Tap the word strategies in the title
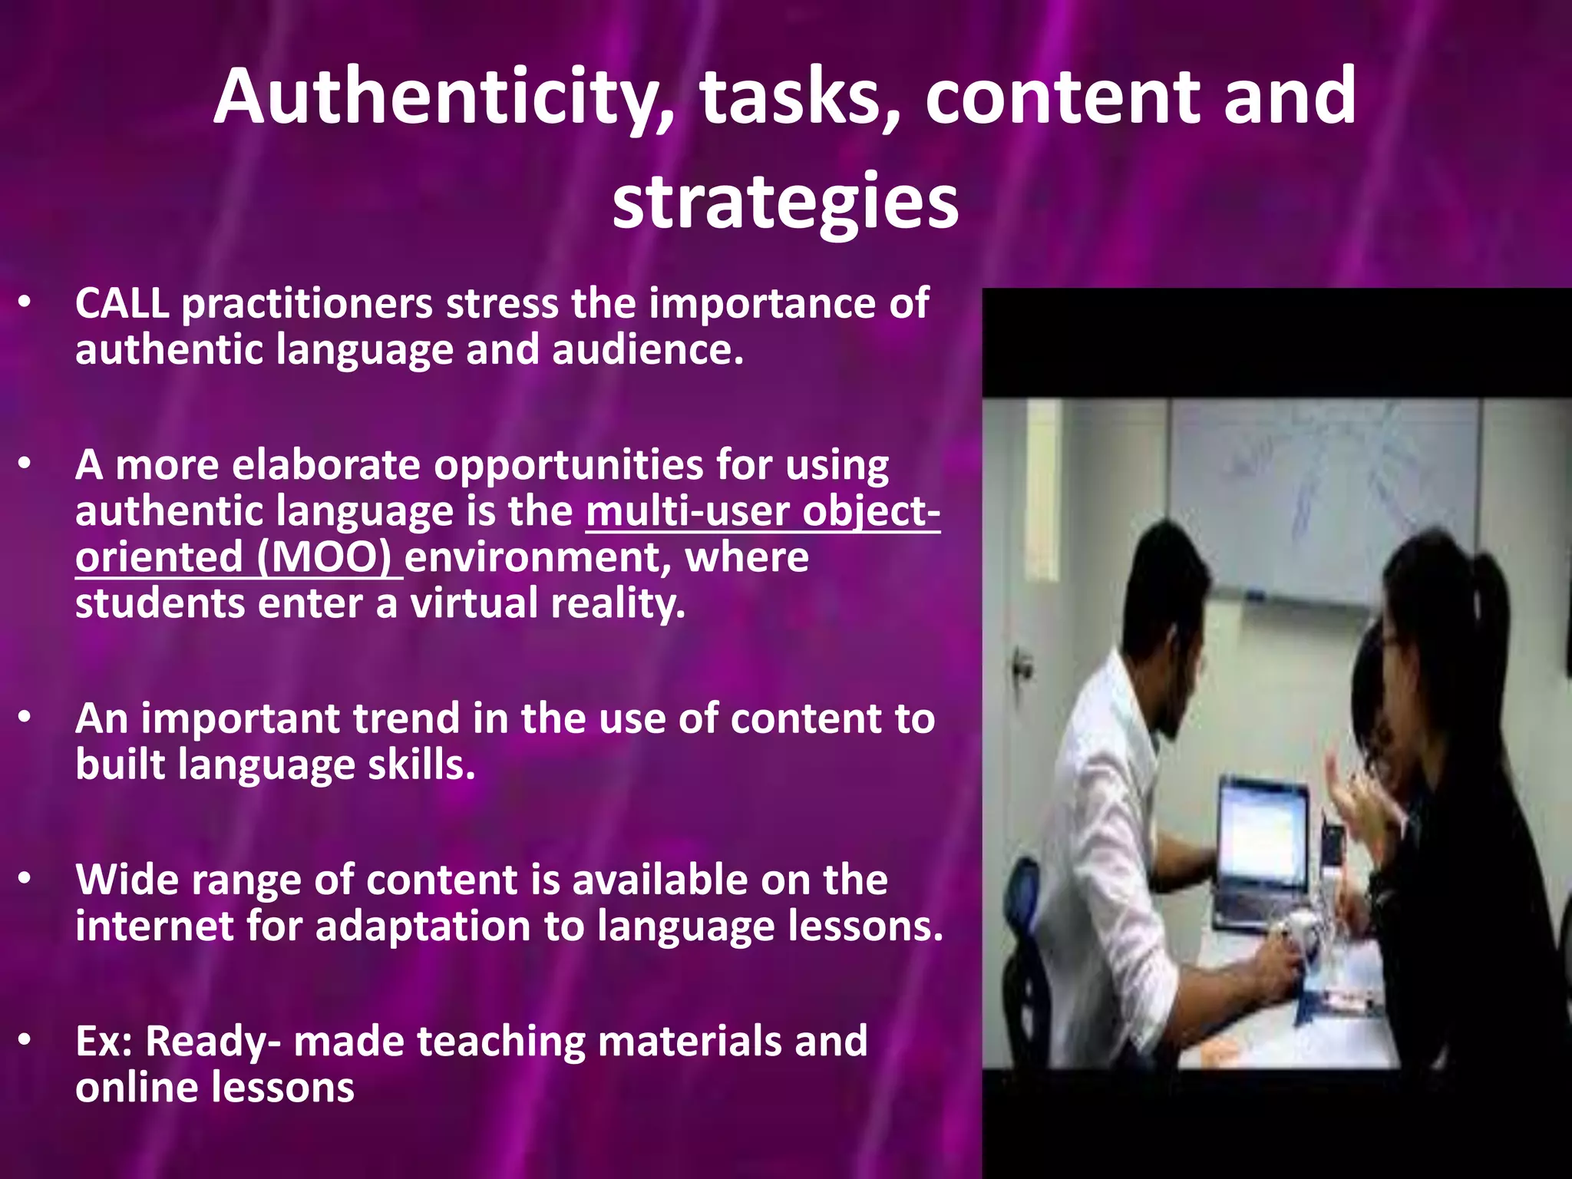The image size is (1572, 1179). point(785,201)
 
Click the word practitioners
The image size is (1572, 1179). point(307,305)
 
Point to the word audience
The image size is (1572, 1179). point(647,350)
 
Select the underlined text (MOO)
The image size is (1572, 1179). point(323,557)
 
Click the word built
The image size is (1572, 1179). point(120,765)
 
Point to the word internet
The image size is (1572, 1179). point(154,926)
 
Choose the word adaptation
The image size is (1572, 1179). point(423,927)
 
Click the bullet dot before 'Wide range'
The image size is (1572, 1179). point(25,879)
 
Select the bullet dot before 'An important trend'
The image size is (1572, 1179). point(25,718)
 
